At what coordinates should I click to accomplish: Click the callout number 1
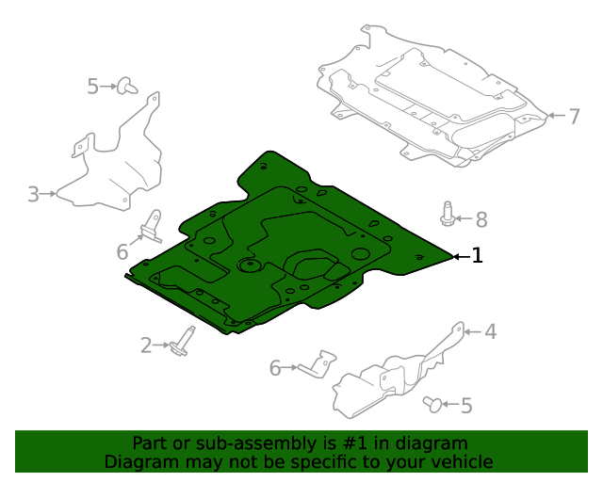click(x=478, y=255)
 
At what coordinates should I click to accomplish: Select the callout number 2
click(x=146, y=345)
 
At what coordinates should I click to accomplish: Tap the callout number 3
click(x=33, y=195)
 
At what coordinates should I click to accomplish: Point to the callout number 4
click(x=490, y=330)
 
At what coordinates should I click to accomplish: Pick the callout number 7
click(x=574, y=117)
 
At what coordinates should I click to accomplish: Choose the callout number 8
click(x=481, y=219)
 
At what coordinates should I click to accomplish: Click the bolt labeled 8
click(x=448, y=215)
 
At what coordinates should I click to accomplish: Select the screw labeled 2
click(x=181, y=341)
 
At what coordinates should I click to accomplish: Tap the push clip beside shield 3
click(x=125, y=87)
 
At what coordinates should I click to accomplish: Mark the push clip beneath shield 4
click(x=432, y=404)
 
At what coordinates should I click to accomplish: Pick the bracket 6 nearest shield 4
click(x=318, y=364)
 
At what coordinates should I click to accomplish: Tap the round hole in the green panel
click(x=249, y=265)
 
